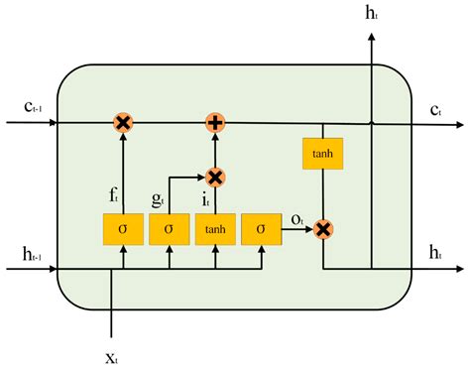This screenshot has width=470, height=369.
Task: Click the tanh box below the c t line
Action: click(322, 153)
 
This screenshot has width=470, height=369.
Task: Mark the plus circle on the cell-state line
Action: click(215, 123)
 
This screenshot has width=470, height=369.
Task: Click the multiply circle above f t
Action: click(123, 123)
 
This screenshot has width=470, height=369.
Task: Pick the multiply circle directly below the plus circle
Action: click(215, 177)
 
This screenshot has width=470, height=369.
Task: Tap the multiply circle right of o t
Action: click(322, 229)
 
